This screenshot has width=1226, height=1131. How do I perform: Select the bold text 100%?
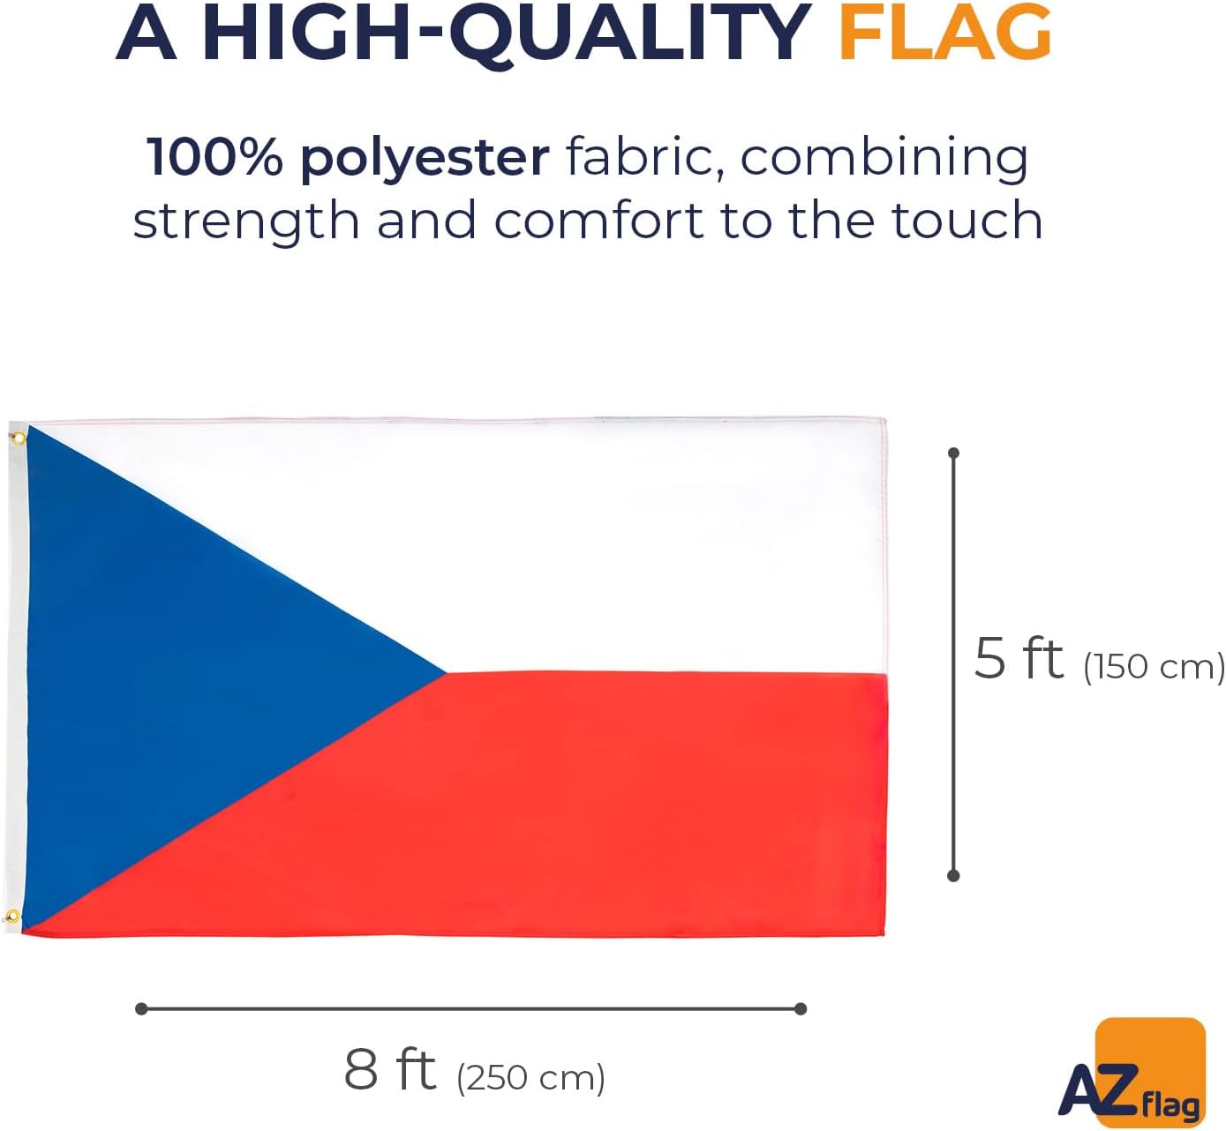tap(214, 158)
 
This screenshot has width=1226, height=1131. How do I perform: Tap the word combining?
tap(884, 160)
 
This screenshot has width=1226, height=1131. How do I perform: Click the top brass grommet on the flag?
tap(19, 438)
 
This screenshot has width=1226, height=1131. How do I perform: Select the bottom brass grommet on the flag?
tap(12, 915)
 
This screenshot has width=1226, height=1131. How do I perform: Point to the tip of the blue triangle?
tap(446, 672)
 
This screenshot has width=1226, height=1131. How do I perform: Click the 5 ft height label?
tap(1019, 659)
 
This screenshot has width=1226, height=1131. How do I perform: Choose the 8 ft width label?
tap(389, 1069)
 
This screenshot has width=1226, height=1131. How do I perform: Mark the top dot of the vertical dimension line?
tap(954, 453)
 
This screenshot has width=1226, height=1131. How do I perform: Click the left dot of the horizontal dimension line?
tap(141, 1009)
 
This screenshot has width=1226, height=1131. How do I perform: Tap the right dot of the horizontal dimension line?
tap(801, 1009)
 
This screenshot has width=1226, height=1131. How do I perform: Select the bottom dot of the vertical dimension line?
tap(954, 875)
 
